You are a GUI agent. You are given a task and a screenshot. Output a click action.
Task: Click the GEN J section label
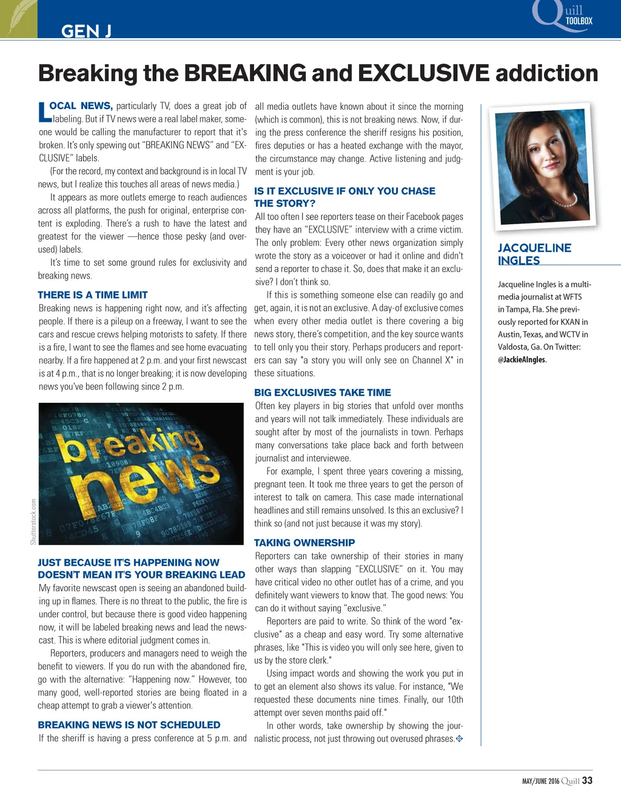coord(86,31)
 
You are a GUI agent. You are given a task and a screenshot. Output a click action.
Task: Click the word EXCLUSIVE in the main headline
coord(423,73)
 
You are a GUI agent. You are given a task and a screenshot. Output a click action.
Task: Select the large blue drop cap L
coord(43,111)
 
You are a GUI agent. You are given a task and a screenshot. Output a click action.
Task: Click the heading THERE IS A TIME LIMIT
coord(92,295)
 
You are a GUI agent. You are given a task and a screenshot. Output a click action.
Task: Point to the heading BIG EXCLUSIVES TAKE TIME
coord(322,392)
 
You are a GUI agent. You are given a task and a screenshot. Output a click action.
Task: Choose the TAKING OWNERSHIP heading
coord(304,543)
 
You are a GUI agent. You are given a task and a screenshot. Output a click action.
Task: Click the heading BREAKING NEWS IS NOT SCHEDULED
coord(129,724)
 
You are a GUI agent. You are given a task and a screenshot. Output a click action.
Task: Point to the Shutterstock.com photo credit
coord(33,521)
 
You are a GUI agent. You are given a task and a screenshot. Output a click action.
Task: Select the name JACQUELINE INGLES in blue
coord(534,254)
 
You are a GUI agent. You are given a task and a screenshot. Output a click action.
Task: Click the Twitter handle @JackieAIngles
coord(522,360)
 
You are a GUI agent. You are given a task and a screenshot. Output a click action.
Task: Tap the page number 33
coord(587,781)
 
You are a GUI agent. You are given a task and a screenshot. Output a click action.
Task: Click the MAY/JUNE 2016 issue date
coord(540,781)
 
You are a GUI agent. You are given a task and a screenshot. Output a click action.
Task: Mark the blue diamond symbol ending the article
coord(459,738)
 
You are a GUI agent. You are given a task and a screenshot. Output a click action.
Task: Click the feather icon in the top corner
coord(18,18)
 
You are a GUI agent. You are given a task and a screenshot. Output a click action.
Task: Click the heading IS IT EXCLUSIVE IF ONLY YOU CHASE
coord(344,191)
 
